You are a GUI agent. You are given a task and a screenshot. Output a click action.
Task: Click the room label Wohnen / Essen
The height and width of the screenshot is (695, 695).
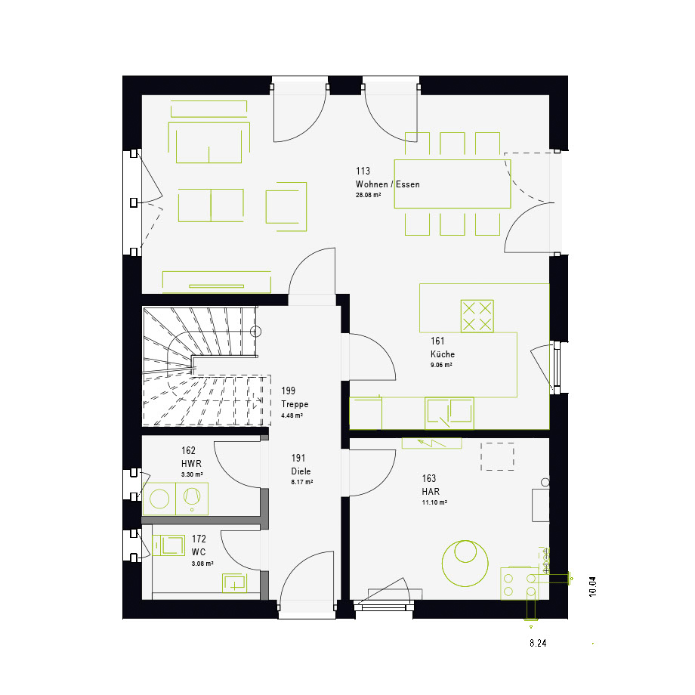(x=388, y=184)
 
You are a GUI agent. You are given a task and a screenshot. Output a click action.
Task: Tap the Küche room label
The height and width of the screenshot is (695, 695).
(x=443, y=354)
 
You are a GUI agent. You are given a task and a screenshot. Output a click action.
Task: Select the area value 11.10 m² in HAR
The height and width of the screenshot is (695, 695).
(x=434, y=502)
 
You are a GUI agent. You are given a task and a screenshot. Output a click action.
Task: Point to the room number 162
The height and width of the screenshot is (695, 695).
(x=188, y=450)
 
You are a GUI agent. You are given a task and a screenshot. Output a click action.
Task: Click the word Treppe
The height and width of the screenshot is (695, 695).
(x=295, y=404)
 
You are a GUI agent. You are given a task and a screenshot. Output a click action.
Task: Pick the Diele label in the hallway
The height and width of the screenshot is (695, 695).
(x=301, y=471)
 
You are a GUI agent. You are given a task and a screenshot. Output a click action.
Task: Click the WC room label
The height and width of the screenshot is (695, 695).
(x=199, y=551)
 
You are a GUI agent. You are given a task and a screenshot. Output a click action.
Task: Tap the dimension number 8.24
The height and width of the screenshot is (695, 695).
(x=538, y=643)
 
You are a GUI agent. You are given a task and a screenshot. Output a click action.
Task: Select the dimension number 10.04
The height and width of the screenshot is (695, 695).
(x=592, y=587)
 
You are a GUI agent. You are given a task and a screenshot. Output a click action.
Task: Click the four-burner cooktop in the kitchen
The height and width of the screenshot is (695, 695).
(x=477, y=316)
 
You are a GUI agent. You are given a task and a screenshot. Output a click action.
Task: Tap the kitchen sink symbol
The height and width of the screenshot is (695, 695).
(x=449, y=412)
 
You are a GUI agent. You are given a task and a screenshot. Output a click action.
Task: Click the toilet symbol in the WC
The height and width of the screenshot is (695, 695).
(x=168, y=545)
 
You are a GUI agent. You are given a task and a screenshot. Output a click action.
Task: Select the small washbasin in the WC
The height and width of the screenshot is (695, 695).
(x=234, y=583)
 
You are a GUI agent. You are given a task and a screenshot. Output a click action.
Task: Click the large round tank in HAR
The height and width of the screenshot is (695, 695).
(x=465, y=564)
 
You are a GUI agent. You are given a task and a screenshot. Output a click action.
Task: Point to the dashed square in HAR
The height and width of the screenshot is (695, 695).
(x=497, y=456)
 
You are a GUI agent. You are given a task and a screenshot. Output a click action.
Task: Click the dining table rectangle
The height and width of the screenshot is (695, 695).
(x=453, y=184)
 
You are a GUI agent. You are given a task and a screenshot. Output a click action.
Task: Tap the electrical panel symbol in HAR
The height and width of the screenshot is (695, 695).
(x=431, y=443)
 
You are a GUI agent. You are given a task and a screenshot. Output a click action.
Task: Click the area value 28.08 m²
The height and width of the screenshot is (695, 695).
(x=369, y=195)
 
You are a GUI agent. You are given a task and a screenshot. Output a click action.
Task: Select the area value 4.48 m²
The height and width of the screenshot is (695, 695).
(x=292, y=415)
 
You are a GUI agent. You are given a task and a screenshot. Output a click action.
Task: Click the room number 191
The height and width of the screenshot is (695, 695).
(x=298, y=458)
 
